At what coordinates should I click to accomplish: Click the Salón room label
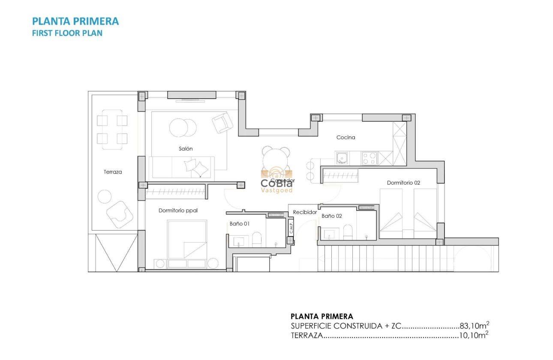point(186,149)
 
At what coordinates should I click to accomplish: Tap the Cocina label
point(346,138)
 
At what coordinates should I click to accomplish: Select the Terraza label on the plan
point(113,172)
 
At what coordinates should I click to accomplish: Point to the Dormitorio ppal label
point(178,210)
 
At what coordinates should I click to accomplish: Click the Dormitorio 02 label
point(403,183)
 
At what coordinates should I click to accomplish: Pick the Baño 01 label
point(239,224)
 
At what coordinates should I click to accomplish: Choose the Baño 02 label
point(331,216)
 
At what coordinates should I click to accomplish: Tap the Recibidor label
point(305,212)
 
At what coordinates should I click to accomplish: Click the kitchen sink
point(342,159)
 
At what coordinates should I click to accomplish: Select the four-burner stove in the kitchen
point(370,159)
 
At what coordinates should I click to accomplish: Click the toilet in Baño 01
point(257,239)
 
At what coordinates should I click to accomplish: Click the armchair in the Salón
point(222,123)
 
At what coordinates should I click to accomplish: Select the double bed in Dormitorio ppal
point(187,240)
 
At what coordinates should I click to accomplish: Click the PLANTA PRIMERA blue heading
point(75,21)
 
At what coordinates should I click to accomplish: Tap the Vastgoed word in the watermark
point(276,190)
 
